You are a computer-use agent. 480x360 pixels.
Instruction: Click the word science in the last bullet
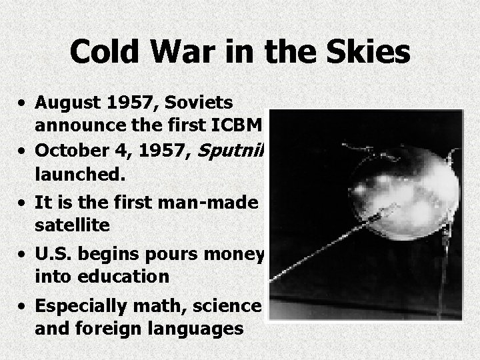234,306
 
